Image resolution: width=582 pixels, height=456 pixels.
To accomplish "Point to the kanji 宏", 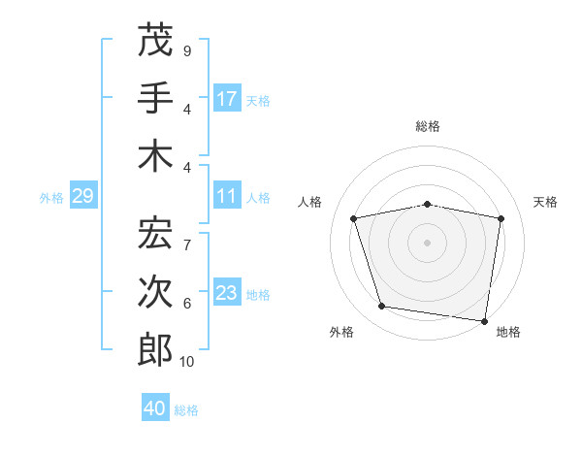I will pyautogui.click(x=155, y=233).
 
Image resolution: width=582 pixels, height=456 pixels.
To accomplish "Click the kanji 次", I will pyautogui.click(x=155, y=292).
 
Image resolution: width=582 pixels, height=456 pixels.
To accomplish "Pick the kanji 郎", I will pyautogui.click(x=155, y=350).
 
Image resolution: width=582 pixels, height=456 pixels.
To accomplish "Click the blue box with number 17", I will pyautogui.click(x=227, y=98).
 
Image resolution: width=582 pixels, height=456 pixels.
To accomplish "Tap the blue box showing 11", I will pyautogui.click(x=227, y=196).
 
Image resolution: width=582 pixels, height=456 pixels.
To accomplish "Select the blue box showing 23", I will pyautogui.click(x=227, y=293).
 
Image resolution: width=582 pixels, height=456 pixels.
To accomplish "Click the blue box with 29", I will pyautogui.click(x=82, y=196).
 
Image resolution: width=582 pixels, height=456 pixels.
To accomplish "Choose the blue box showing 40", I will pyautogui.click(x=155, y=408).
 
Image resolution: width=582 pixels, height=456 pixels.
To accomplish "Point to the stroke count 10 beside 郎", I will pyautogui.click(x=187, y=362).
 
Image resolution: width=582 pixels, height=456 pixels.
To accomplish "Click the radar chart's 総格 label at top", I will pyautogui.click(x=428, y=127).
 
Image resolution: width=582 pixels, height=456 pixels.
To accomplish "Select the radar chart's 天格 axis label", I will pyautogui.click(x=546, y=203).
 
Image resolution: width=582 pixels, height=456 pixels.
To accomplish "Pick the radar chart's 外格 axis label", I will pyautogui.click(x=341, y=333).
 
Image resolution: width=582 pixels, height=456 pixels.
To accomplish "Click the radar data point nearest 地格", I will pyautogui.click(x=484, y=320).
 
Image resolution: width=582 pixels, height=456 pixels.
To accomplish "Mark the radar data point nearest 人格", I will pyautogui.click(x=354, y=218).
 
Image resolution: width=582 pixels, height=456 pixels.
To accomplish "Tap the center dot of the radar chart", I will pyautogui.click(x=428, y=242).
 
